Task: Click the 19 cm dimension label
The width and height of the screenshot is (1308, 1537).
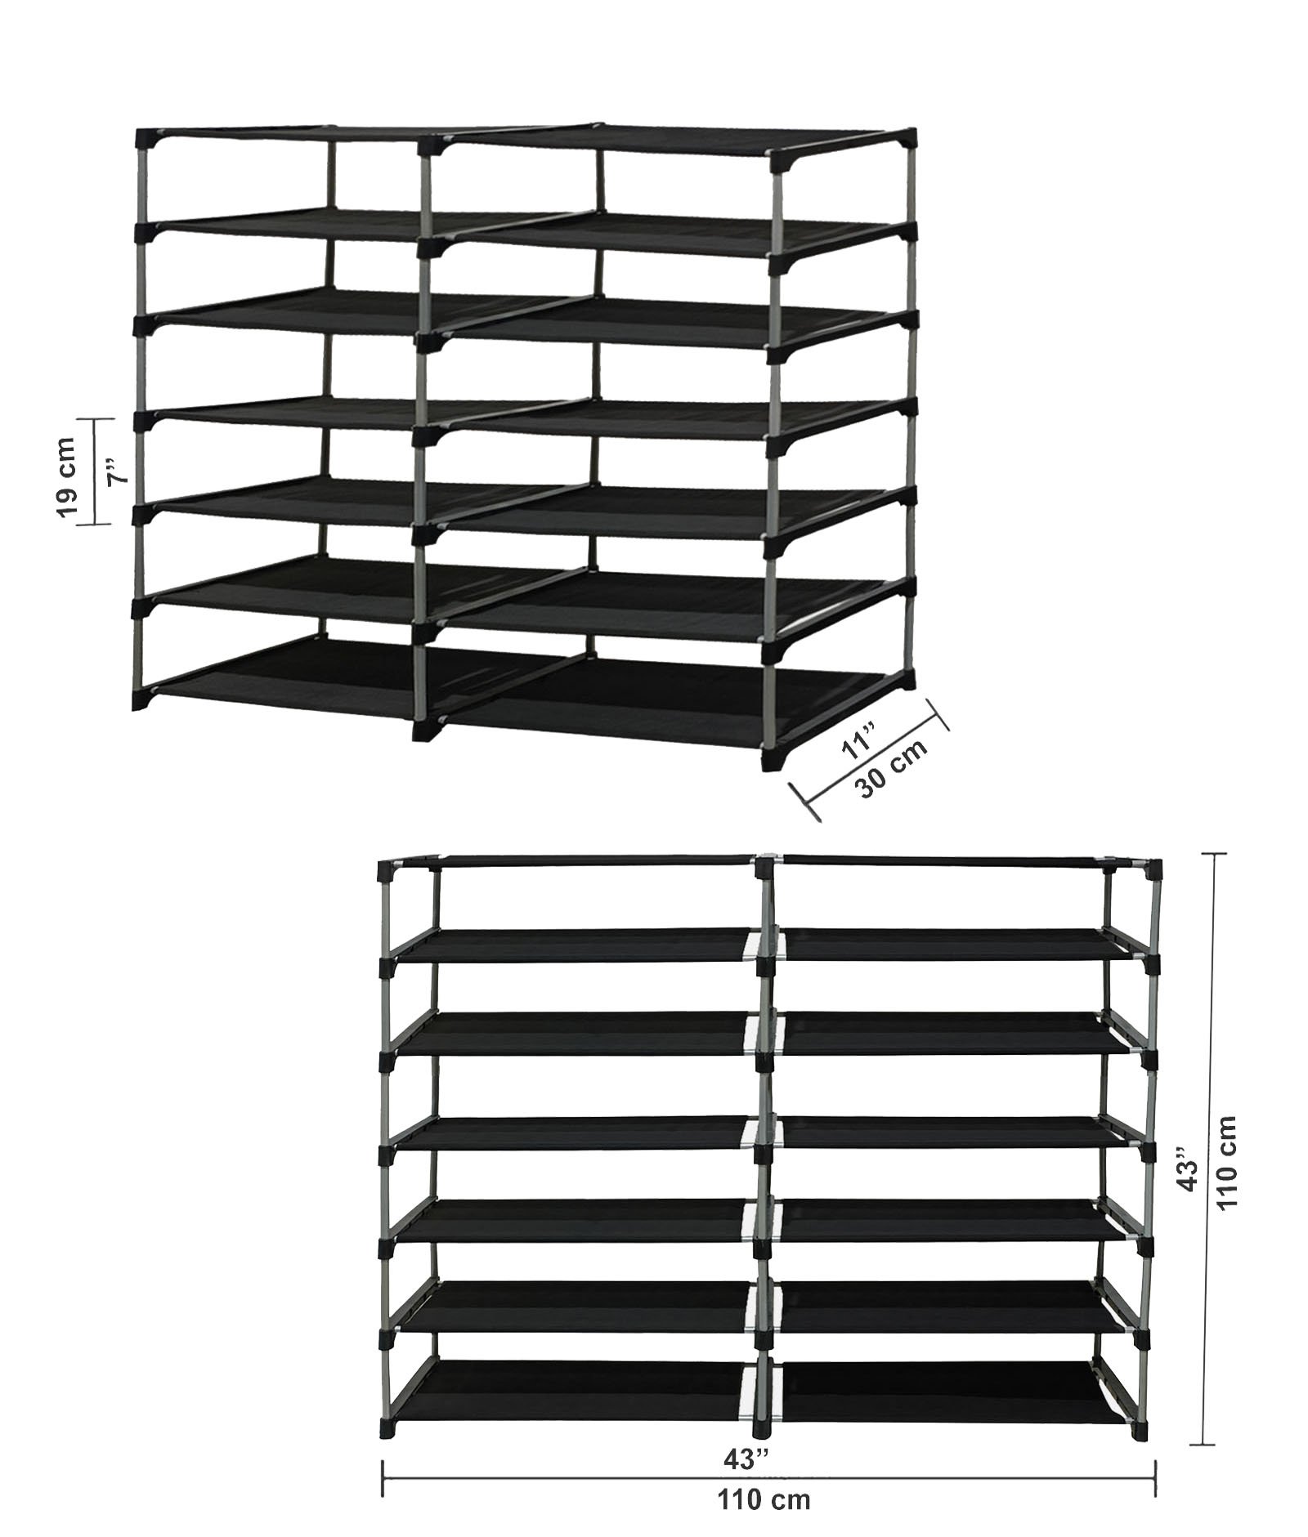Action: point(67,476)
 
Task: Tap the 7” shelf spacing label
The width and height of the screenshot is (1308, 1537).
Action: point(119,475)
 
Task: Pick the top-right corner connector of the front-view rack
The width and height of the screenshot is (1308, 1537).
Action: point(1151,869)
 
